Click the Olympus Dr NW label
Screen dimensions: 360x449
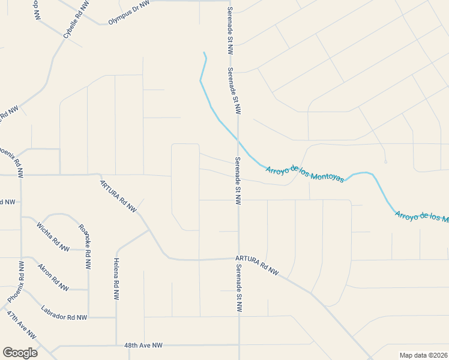(x=128, y=13)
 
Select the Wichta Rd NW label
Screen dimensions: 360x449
(x=53, y=236)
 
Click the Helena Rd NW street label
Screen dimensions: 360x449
(x=115, y=279)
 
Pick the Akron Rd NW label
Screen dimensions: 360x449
(x=53, y=277)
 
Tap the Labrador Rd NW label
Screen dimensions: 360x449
(x=64, y=313)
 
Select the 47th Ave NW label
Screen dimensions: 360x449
(x=22, y=325)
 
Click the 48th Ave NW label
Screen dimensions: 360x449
(x=143, y=346)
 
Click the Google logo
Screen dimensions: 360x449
(x=20, y=353)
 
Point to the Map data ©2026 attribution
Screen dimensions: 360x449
(x=423, y=355)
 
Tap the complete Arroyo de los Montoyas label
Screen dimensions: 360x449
(x=304, y=174)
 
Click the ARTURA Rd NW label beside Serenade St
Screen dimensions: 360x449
(x=257, y=265)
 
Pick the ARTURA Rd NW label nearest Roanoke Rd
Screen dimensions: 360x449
(x=118, y=196)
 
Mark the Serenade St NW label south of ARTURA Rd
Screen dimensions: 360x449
(x=239, y=289)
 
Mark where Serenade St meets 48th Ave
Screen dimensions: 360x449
(x=239, y=345)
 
